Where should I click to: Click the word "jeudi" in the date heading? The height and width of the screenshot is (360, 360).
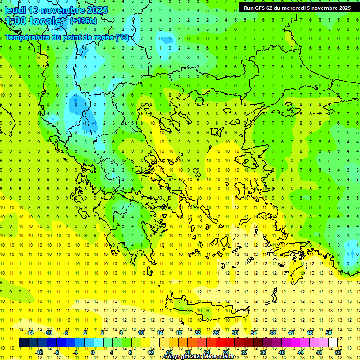15,10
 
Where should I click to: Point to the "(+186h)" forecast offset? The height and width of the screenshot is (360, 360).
83,21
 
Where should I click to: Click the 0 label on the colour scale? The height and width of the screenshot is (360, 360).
93,352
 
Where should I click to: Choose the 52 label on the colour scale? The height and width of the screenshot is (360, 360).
338,352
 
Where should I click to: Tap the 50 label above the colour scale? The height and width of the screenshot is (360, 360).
329,333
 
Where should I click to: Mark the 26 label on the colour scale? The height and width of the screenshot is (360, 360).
216,333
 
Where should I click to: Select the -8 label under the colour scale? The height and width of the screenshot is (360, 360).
57,352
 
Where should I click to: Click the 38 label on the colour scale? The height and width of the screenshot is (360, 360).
272,333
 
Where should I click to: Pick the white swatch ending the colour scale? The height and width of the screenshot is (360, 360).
333,342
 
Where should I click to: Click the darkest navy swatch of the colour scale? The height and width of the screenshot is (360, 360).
23,342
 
